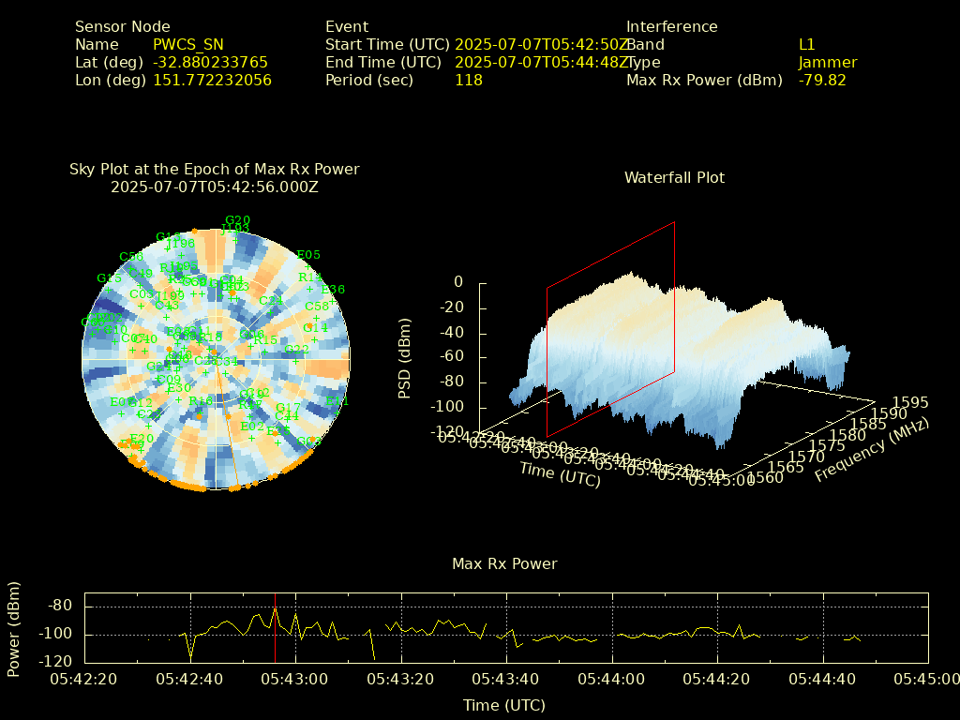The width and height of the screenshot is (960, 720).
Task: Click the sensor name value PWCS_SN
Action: [188, 44]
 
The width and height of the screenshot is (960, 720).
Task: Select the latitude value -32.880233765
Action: [210, 62]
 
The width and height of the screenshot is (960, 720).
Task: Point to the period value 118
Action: [468, 80]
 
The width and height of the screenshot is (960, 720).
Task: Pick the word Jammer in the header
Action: [827, 62]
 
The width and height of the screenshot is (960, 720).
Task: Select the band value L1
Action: [806, 44]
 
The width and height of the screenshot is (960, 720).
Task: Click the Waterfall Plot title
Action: [674, 177]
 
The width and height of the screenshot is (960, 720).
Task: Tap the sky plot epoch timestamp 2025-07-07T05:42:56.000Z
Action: [215, 187]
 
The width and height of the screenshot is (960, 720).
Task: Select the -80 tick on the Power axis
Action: [61, 606]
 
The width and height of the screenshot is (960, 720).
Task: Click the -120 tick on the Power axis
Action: [57, 660]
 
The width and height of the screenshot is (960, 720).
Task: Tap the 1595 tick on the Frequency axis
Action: [910, 402]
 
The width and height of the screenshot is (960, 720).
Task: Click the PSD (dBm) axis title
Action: [405, 357]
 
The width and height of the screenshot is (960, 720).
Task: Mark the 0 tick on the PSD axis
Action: [458, 282]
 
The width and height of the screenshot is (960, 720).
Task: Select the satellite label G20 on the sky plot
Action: [237, 220]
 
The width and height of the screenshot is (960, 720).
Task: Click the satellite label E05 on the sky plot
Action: [308, 254]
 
